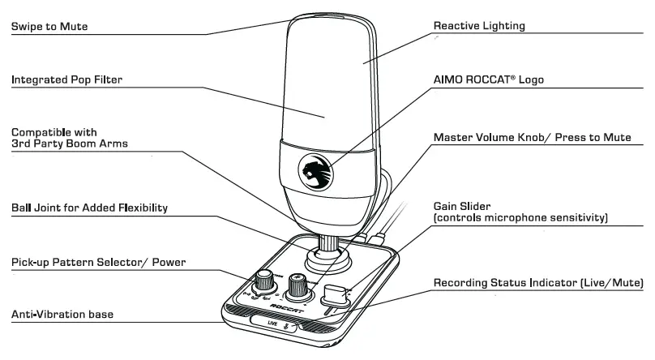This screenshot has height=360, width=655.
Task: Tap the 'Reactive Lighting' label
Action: tap(479, 26)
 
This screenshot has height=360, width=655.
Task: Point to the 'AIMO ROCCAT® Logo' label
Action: tap(489, 79)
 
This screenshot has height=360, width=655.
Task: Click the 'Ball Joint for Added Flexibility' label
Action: tap(89, 208)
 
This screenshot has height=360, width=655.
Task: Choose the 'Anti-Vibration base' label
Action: tap(62, 314)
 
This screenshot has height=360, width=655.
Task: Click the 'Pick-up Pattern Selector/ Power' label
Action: tap(98, 263)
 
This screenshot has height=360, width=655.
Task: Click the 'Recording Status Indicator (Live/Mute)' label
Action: tap(538, 283)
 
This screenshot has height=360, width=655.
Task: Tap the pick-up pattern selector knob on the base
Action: tap(264, 281)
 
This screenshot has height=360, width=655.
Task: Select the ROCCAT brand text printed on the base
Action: tap(298, 307)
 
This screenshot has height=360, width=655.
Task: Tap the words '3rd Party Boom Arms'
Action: tap(69, 144)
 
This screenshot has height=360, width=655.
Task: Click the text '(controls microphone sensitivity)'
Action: tap(520, 218)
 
